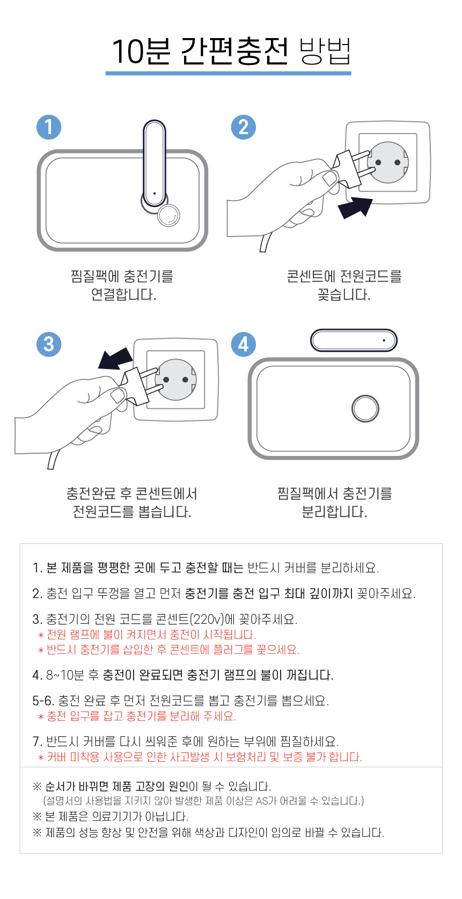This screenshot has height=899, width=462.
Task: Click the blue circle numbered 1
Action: pyautogui.click(x=49, y=127)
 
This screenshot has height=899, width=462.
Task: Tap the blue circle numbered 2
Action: pyautogui.click(x=243, y=127)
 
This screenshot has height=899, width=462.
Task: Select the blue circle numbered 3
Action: pyautogui.click(x=49, y=344)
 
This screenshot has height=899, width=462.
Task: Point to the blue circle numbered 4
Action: pyautogui.click(x=243, y=344)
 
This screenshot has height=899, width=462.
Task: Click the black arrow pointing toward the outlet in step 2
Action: pyautogui.click(x=355, y=207)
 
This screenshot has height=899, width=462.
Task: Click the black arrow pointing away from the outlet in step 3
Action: pyautogui.click(x=115, y=358)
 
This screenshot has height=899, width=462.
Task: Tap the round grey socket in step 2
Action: pyautogui.click(x=388, y=162)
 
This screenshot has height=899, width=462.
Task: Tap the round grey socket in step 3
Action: pyautogui.click(x=176, y=379)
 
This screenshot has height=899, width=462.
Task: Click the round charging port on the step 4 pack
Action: pyautogui.click(x=365, y=409)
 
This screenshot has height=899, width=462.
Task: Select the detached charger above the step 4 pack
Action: pyautogui.click(x=354, y=340)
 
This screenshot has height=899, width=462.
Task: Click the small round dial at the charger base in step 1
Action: pyautogui.click(x=168, y=216)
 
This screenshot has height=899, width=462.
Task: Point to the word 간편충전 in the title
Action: pyautogui.click(x=234, y=51)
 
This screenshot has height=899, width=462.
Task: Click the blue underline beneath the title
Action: pyautogui.click(x=229, y=73)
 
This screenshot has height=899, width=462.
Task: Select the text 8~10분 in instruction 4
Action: pyautogui.click(x=64, y=675)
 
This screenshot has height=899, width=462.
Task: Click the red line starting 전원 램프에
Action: pyautogui.click(x=151, y=635)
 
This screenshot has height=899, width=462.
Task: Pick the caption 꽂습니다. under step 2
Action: pyautogui.click(x=343, y=295)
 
